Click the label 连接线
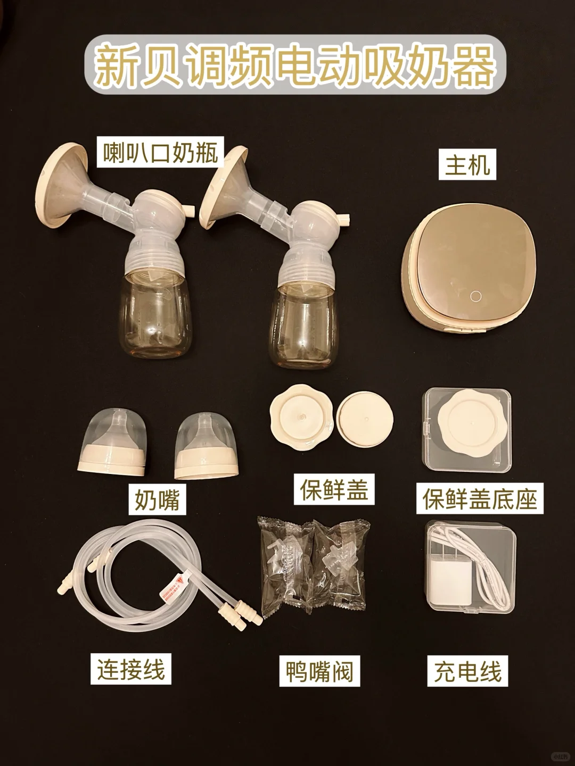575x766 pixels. coord(131,669)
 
